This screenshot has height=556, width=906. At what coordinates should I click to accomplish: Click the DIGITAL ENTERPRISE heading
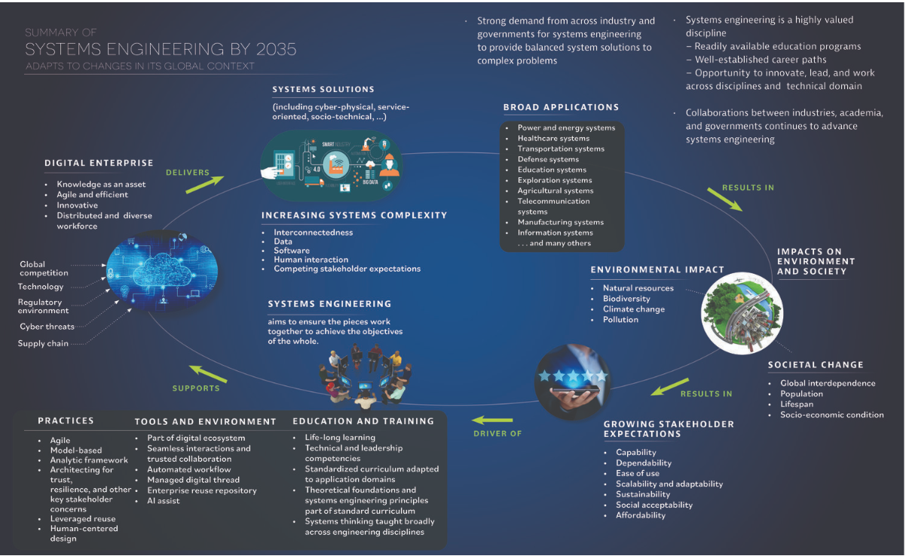(99, 163)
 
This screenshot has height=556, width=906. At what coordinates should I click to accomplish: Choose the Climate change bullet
(633, 309)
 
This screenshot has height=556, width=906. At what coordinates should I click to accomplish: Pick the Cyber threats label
(47, 327)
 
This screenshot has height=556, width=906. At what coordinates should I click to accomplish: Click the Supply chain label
(43, 343)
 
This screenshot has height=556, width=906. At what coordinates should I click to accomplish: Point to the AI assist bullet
(163, 501)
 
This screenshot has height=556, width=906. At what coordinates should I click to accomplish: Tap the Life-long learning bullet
(339, 438)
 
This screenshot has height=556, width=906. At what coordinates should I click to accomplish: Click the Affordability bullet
(641, 515)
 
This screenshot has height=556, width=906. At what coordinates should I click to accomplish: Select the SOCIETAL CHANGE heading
(816, 365)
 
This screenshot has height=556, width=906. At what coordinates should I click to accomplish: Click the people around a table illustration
(365, 373)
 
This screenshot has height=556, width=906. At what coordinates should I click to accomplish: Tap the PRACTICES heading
(66, 420)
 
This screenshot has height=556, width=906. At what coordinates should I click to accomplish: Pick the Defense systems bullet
(548, 159)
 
